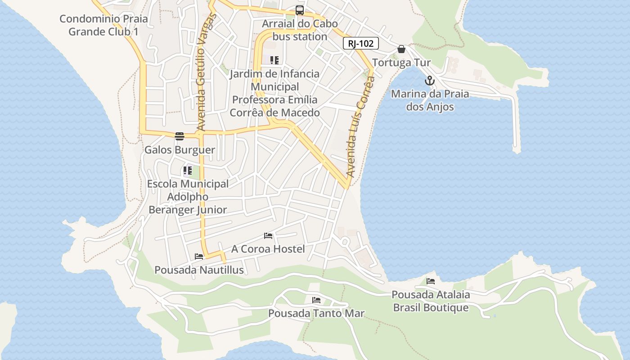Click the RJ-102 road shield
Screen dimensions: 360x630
tap(360, 44)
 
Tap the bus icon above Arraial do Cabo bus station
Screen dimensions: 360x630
tap(299, 10)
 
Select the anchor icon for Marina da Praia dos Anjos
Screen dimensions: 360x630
tap(430, 81)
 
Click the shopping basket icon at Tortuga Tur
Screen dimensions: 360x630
tap(401, 49)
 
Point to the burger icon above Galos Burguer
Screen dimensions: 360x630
tap(180, 136)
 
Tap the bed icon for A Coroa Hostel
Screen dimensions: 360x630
tap(268, 236)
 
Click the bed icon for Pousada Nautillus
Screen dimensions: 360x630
tap(199, 256)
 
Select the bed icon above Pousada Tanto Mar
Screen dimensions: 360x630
tap(316, 300)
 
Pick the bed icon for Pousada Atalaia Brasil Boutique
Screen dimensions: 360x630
tap(431, 281)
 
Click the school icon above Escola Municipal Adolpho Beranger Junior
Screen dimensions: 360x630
tap(187, 171)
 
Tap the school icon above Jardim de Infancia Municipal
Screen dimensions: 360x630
tap(274, 60)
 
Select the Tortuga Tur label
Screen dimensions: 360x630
tap(401, 63)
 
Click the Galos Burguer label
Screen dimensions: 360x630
tap(180, 150)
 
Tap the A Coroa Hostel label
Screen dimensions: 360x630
tap(268, 249)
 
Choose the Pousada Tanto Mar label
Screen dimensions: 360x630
tap(316, 313)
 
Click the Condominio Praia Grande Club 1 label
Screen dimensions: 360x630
tap(103, 26)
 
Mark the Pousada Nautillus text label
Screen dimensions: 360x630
tap(199, 270)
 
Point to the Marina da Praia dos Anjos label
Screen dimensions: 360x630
tap(430, 100)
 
